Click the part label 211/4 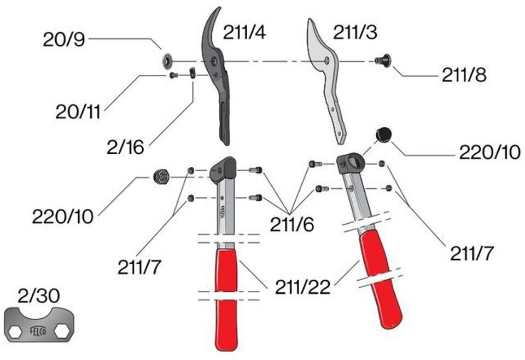pyautogui.click(x=244, y=33)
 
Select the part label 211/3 pyautogui.click(x=355, y=33)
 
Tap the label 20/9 pyautogui.click(x=65, y=39)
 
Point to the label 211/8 pyautogui.click(x=464, y=75)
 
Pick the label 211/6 pyautogui.click(x=292, y=223)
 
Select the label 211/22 pyautogui.click(x=302, y=287)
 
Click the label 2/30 pyautogui.click(x=39, y=296)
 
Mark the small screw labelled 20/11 pyautogui.click(x=174, y=76)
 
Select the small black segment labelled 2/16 pyautogui.click(x=192, y=73)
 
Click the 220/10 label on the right pyautogui.click(x=489, y=153)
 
